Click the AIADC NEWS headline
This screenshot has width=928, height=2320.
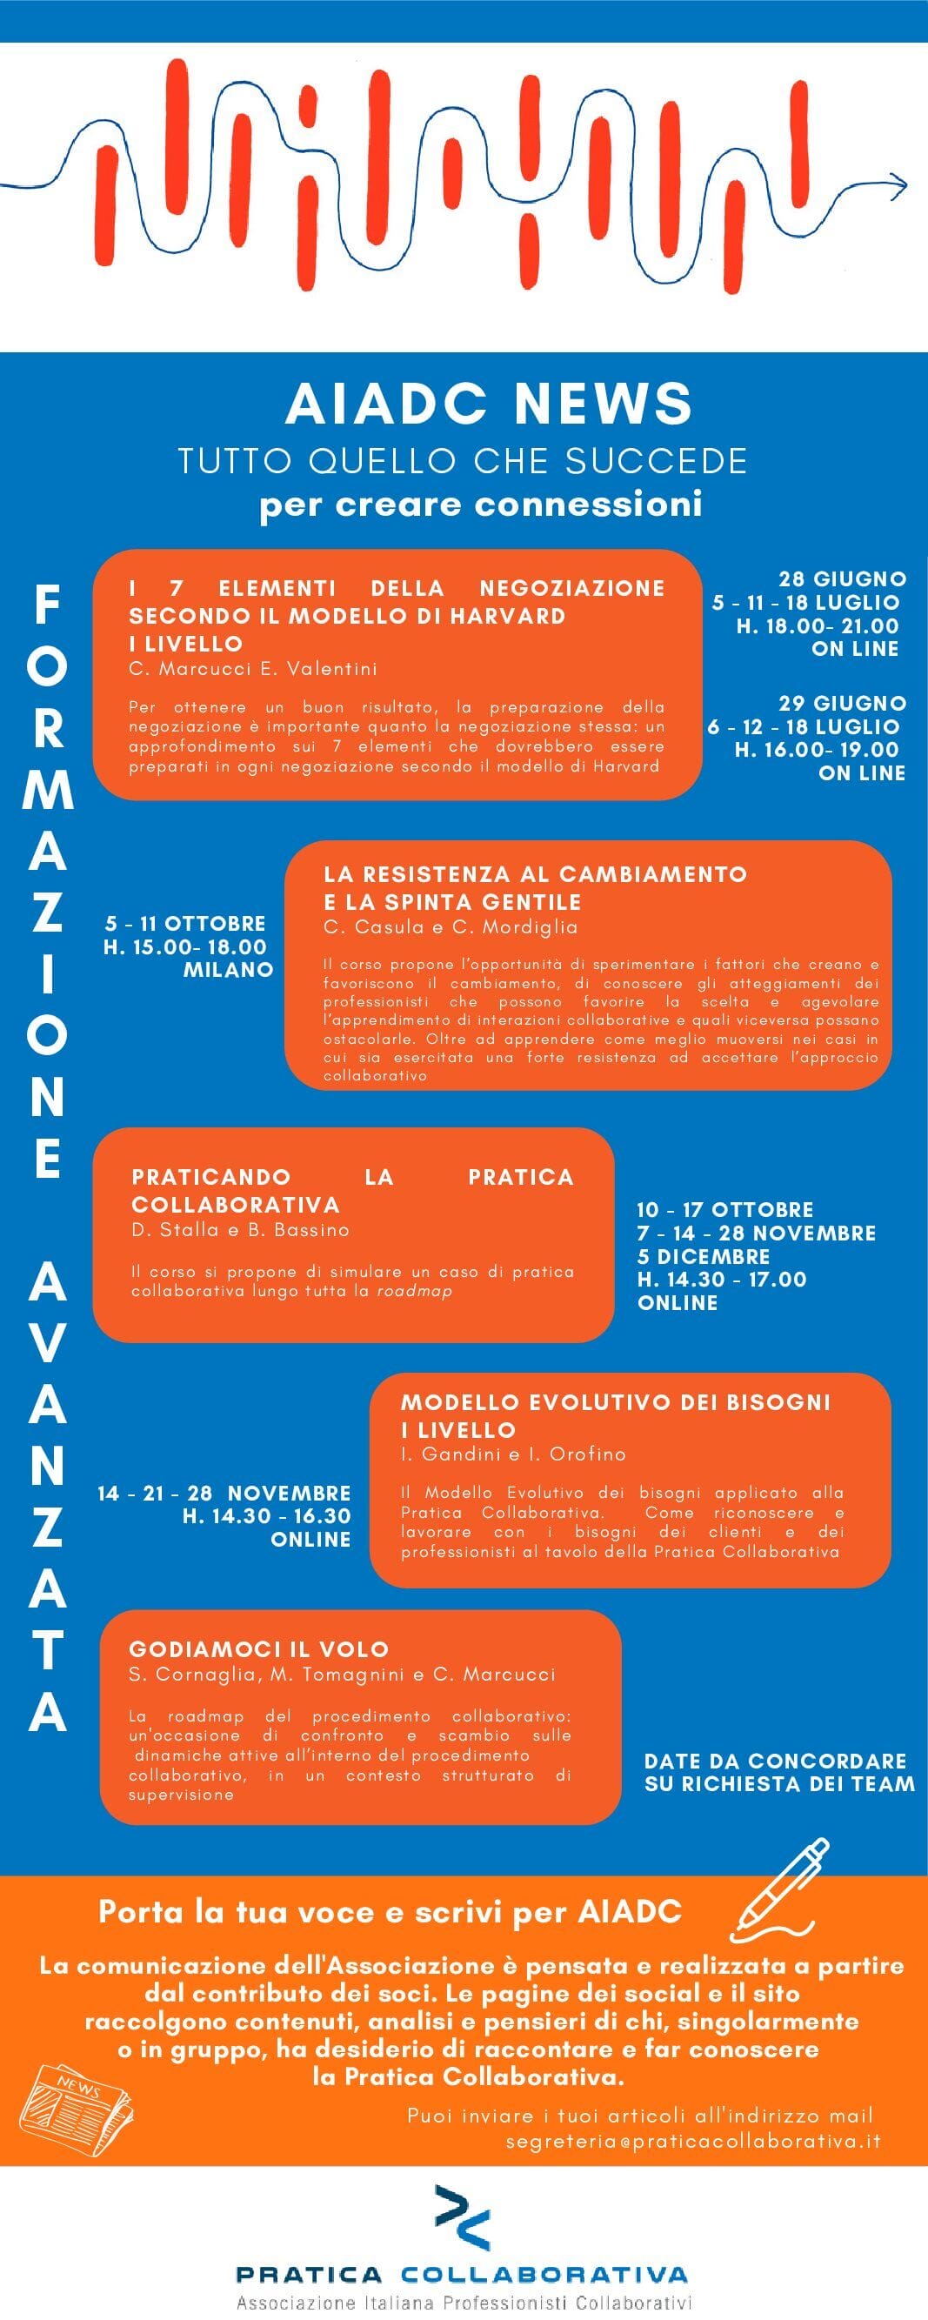click(489, 404)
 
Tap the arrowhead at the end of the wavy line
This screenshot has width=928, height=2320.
click(899, 184)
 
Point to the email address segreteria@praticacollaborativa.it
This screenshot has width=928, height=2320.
click(693, 2141)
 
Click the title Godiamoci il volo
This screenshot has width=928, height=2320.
click(258, 1649)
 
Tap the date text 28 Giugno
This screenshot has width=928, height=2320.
click(843, 578)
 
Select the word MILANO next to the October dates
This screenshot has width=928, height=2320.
click(228, 970)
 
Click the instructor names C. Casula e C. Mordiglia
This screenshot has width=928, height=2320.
click(450, 926)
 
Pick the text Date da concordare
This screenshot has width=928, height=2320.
click(775, 1761)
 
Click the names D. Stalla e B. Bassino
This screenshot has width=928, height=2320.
click(240, 1229)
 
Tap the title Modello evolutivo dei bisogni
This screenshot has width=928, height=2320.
click(615, 1401)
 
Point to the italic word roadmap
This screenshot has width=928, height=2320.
click(414, 1291)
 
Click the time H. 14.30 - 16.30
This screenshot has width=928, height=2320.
click(266, 1515)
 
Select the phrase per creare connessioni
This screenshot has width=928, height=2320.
click(481, 504)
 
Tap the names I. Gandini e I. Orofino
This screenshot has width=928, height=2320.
click(513, 1454)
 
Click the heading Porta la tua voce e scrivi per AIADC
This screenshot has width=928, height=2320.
click(390, 1911)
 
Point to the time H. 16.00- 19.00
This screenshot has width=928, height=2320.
click(817, 749)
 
